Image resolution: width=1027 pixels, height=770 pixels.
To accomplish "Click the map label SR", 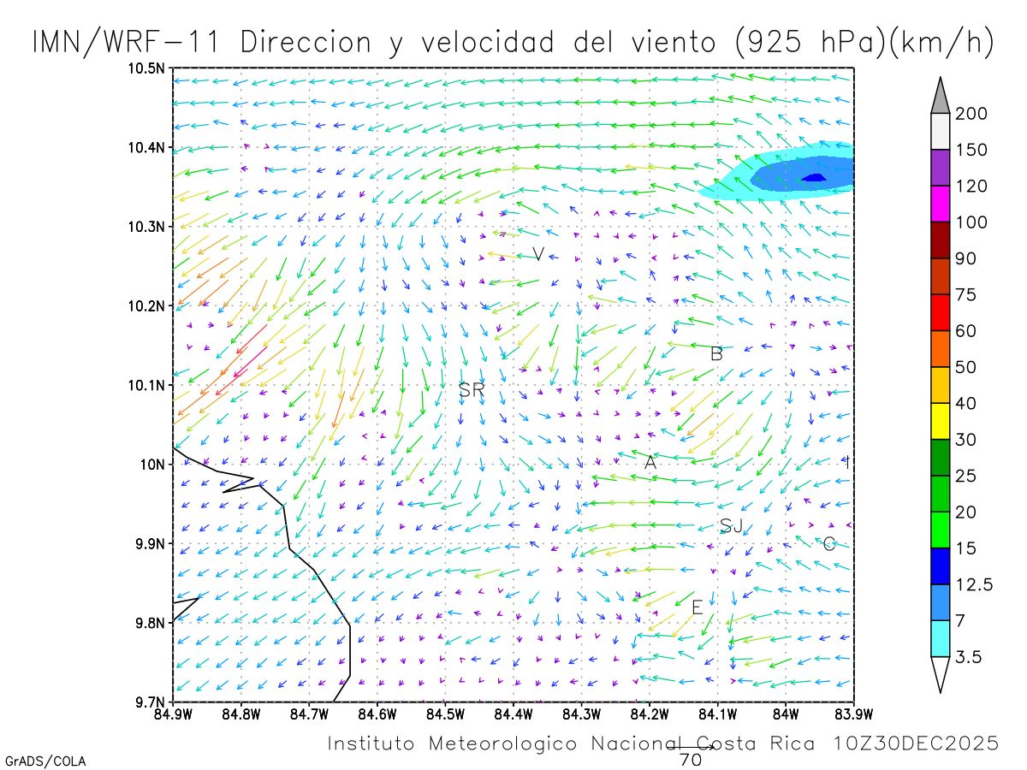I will [x=472, y=390].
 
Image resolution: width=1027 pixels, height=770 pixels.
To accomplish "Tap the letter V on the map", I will [x=538, y=254].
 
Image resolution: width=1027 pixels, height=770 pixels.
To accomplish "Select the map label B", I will [x=717, y=353].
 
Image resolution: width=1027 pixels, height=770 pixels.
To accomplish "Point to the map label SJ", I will [x=731, y=526].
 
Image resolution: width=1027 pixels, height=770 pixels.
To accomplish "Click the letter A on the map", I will [x=650, y=462].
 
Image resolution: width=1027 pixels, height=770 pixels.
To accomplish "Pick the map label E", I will [x=697, y=607].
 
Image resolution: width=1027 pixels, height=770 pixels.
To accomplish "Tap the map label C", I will [x=828, y=543].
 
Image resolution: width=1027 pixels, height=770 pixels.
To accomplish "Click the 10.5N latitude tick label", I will [x=147, y=68].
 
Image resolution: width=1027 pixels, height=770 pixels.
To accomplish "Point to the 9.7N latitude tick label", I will [x=150, y=702].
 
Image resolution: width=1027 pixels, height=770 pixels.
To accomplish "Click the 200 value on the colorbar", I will [x=971, y=114].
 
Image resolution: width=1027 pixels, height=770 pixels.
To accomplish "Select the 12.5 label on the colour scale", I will [x=974, y=585].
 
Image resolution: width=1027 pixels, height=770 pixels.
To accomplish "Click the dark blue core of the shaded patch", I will [x=813, y=178].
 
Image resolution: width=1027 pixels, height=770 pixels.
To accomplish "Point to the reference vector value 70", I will [x=690, y=759].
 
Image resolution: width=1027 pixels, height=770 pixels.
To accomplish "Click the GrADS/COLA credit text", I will [x=45, y=761].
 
